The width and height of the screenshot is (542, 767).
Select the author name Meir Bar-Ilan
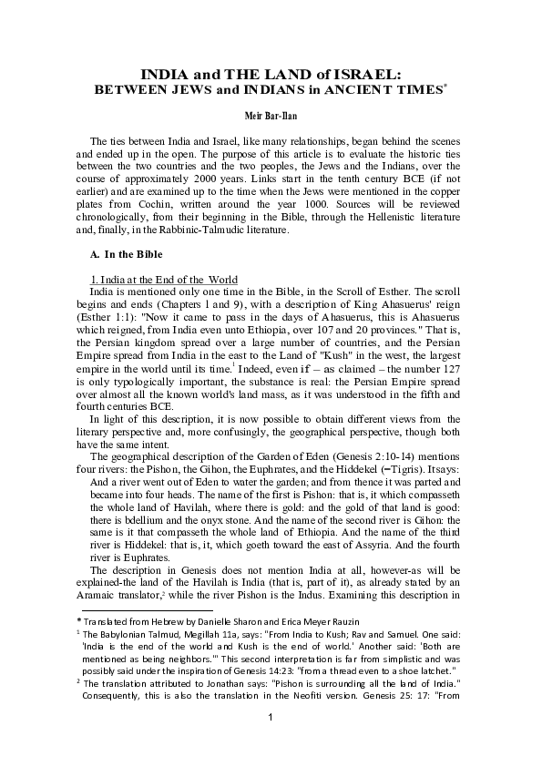(271, 118)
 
